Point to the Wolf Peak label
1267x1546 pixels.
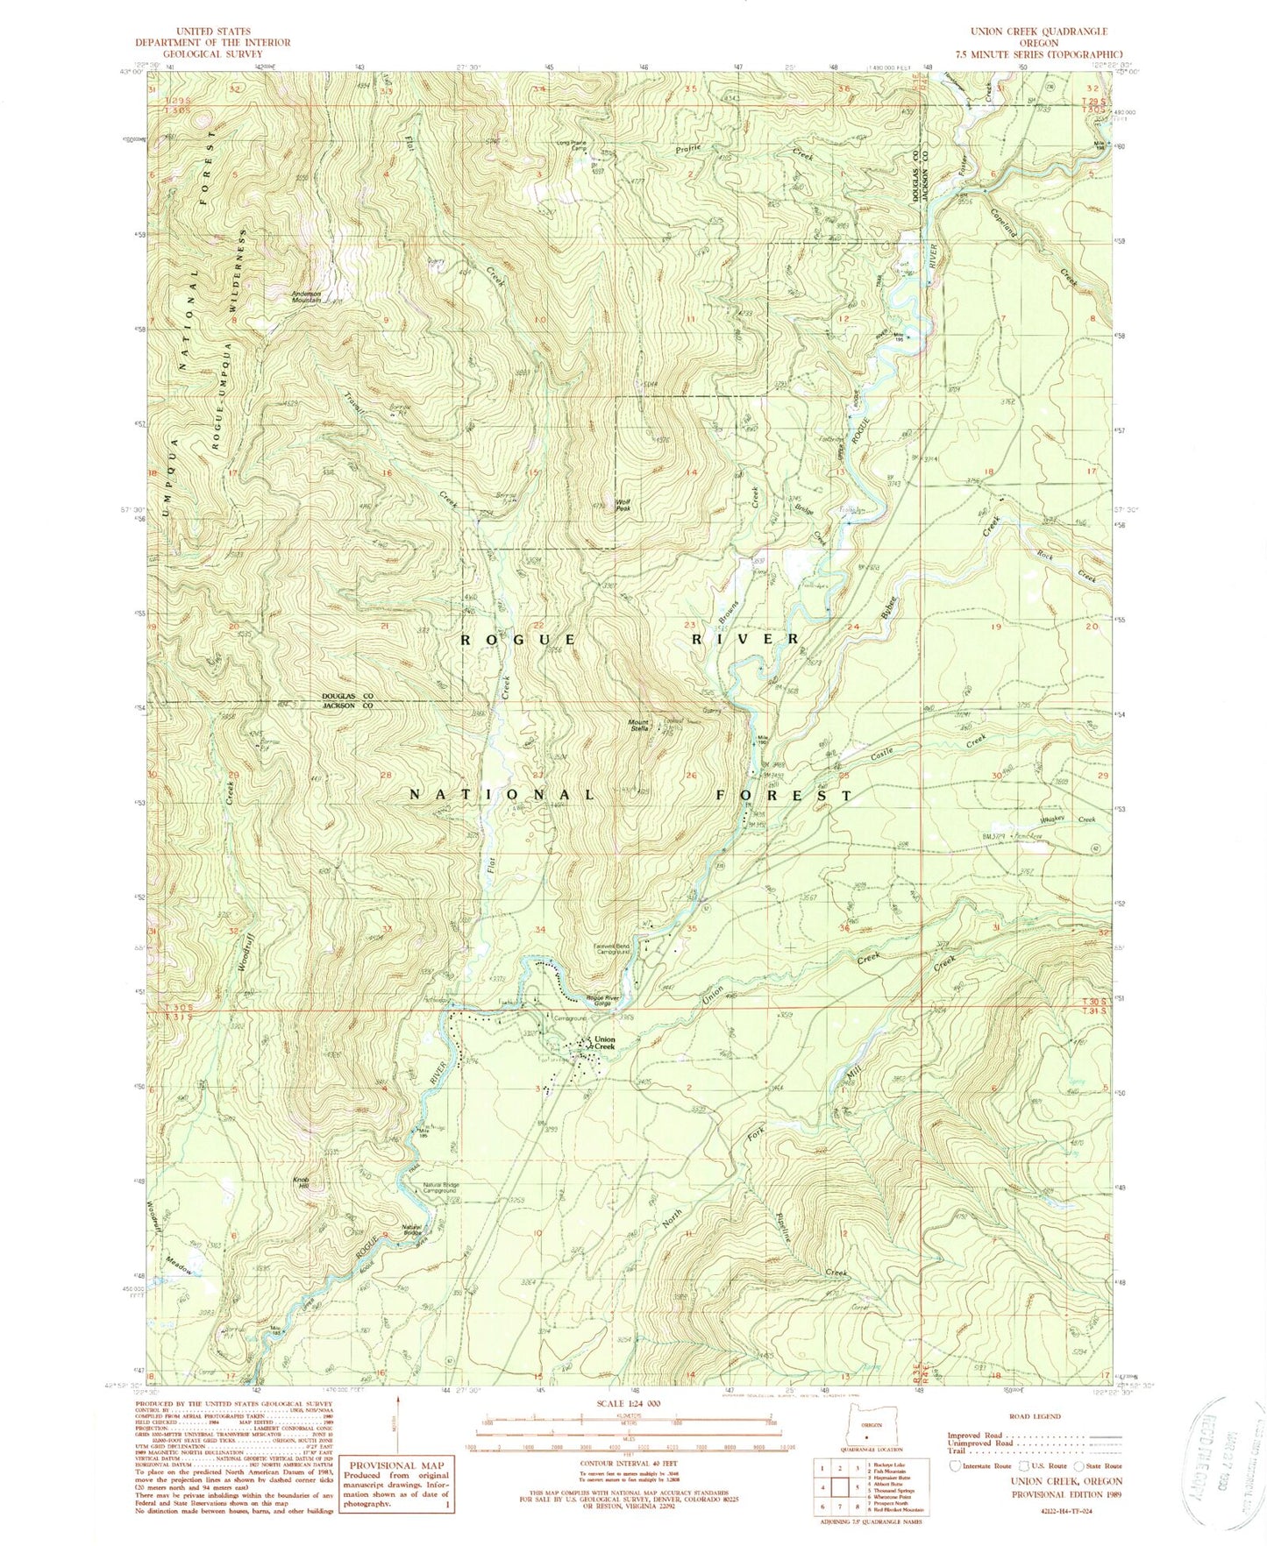click(623, 506)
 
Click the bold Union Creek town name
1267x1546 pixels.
click(604, 1044)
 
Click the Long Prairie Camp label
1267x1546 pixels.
click(570, 145)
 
